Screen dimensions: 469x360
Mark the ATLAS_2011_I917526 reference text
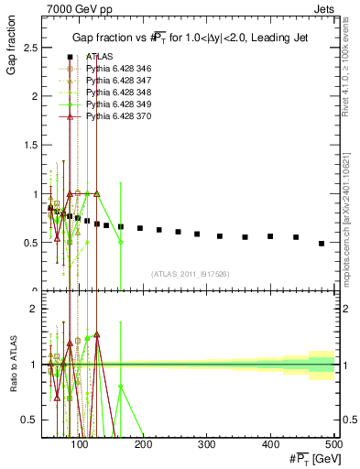191,272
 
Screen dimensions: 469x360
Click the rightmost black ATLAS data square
322,244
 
